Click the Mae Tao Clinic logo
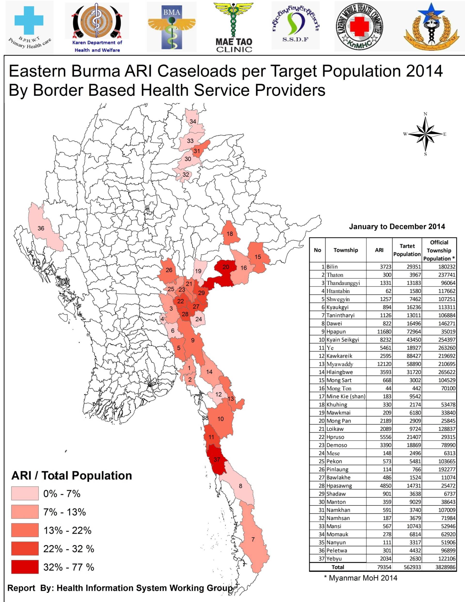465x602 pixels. pos(234,27)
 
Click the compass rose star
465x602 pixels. pos(425,134)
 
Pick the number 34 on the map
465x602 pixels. pos(193,122)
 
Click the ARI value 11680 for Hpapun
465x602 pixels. pos(384,332)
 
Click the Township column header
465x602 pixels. pos(346,250)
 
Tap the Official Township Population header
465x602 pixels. pos(439,250)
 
